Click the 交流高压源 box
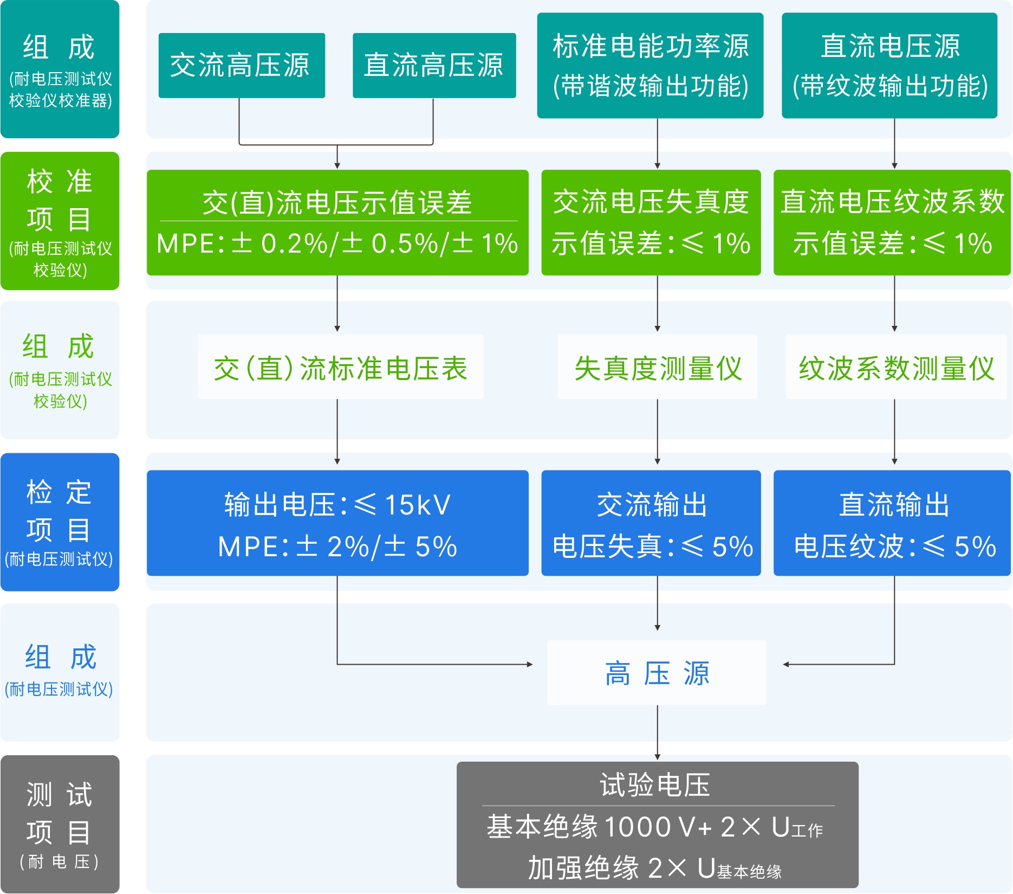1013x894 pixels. click(x=242, y=66)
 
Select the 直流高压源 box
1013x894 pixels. click(x=434, y=66)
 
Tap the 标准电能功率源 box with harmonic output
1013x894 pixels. click(x=650, y=66)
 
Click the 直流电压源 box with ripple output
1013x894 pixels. click(x=889, y=66)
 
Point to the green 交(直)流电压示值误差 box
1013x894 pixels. click(x=337, y=222)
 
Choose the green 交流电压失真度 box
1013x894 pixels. click(x=651, y=222)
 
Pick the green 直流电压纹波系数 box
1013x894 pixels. click(x=892, y=222)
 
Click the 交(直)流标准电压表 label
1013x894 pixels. click(x=340, y=368)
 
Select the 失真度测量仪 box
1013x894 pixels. click(x=657, y=368)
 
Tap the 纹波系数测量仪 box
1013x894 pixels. click(x=896, y=368)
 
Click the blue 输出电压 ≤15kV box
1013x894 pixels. click(x=337, y=523)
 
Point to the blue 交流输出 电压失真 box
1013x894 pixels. click(x=651, y=523)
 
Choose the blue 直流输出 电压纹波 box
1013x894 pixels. click(x=892, y=523)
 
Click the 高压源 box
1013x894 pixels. click(x=657, y=673)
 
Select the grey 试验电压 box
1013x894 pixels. click(x=657, y=825)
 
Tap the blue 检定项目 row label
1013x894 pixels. click(x=60, y=522)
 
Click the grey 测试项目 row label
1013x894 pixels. click(x=60, y=824)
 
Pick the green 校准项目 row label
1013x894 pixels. click(x=60, y=221)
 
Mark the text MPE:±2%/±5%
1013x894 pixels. click(x=337, y=546)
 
